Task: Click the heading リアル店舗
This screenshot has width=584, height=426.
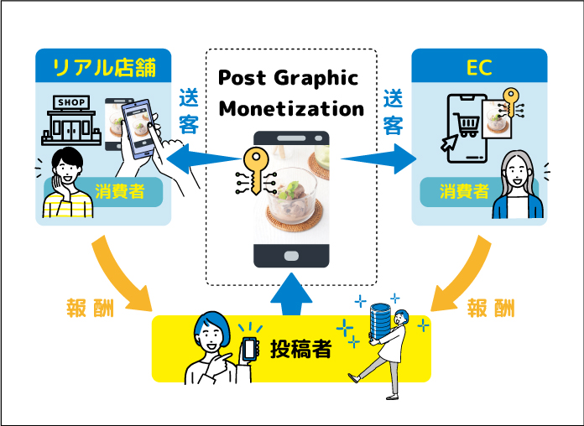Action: [104, 67]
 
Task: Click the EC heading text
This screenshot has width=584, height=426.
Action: [479, 67]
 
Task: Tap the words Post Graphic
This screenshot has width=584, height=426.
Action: [288, 78]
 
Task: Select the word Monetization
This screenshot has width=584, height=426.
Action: [291, 109]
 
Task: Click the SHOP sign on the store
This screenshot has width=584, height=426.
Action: [71, 102]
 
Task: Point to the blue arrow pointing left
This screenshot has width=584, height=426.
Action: [204, 159]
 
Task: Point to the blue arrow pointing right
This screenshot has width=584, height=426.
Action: [378, 159]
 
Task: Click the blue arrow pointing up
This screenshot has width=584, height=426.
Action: [291, 294]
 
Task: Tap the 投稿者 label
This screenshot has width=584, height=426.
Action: [300, 349]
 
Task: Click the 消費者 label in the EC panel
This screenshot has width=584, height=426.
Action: [464, 192]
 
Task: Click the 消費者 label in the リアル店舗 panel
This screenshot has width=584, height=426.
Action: [119, 192]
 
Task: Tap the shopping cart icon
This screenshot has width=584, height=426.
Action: [466, 125]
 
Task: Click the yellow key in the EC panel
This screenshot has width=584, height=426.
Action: [511, 102]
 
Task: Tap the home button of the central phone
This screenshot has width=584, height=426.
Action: [291, 256]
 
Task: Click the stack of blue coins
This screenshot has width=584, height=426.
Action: [380, 321]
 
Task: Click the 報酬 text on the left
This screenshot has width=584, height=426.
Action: [90, 309]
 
